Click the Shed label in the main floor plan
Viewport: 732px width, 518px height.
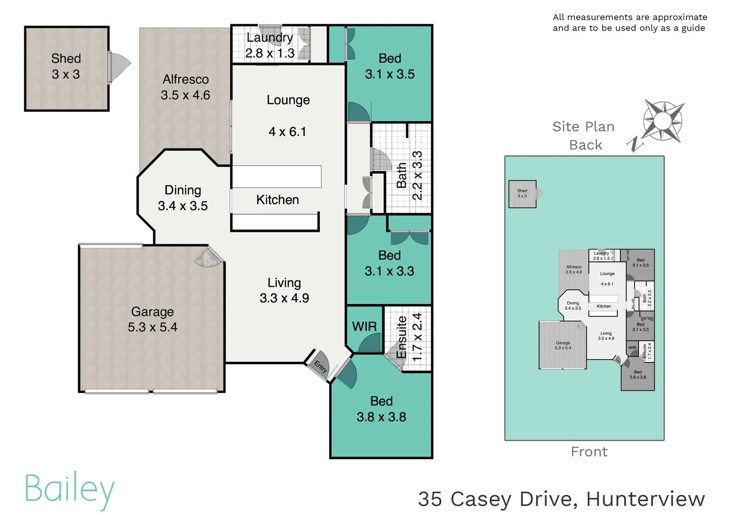pyautogui.click(x=66, y=59)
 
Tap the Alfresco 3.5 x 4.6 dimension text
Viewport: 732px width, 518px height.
pyautogui.click(x=185, y=95)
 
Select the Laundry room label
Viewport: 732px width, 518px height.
pyautogui.click(x=269, y=37)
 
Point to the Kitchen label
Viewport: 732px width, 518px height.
pyautogui.click(x=277, y=200)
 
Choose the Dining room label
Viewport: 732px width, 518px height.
pyautogui.click(x=183, y=190)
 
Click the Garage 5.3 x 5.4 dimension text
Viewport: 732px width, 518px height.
pyautogui.click(x=152, y=327)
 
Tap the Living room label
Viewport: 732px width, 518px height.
pyautogui.click(x=284, y=283)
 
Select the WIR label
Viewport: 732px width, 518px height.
pyautogui.click(x=364, y=327)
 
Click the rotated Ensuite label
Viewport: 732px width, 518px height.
pyautogui.click(x=401, y=337)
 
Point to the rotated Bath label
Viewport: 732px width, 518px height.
pyautogui.click(x=401, y=175)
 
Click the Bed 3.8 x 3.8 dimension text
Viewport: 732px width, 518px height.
pyautogui.click(x=381, y=417)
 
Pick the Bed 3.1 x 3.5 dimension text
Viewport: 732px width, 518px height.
pyautogui.click(x=389, y=74)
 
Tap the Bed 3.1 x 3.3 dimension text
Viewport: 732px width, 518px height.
pyautogui.click(x=389, y=271)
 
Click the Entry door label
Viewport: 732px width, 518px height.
pyautogui.click(x=320, y=367)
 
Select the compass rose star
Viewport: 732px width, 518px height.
pyautogui.click(x=663, y=121)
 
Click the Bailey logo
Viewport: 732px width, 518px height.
pyautogui.click(x=69, y=489)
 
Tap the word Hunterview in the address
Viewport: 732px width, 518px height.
pyautogui.click(x=645, y=499)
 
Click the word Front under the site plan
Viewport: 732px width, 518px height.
pyautogui.click(x=589, y=452)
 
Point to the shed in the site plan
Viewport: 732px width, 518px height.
pyautogui.click(x=522, y=194)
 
